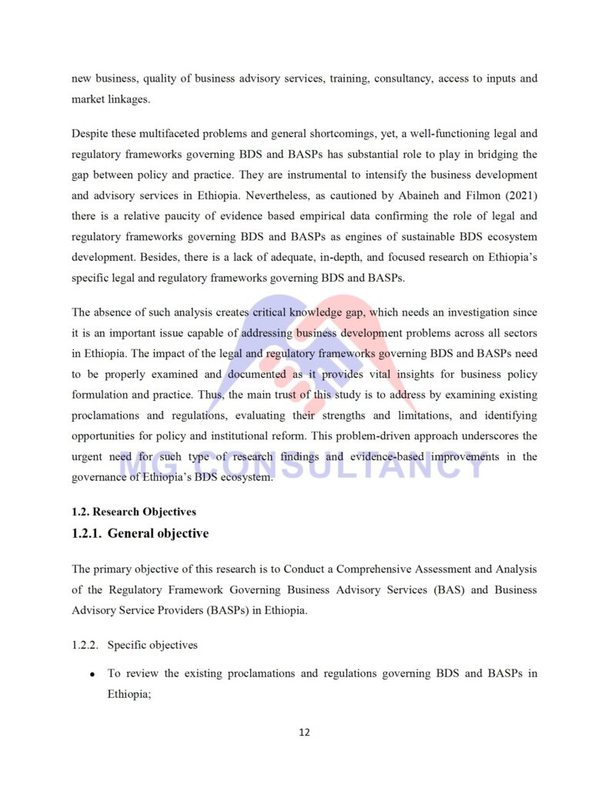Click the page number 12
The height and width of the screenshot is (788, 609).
[304, 732]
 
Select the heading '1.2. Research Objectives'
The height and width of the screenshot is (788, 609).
[133, 512]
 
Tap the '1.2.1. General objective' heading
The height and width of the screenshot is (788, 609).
[139, 533]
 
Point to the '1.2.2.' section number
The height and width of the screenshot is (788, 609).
[85, 645]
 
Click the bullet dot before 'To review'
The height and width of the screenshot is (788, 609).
[92, 674]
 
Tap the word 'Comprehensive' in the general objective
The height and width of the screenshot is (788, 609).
[372, 569]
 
